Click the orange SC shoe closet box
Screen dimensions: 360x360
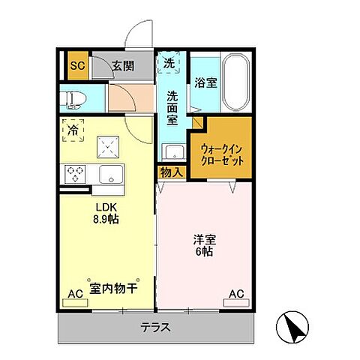click(75, 65)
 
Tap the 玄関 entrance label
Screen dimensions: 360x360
click(124, 65)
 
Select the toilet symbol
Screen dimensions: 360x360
click(78, 97)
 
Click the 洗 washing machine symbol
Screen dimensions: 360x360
click(169, 64)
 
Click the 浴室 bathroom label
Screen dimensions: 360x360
click(205, 83)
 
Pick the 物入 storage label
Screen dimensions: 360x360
click(172, 172)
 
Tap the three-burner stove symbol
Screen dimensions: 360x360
click(76, 175)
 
